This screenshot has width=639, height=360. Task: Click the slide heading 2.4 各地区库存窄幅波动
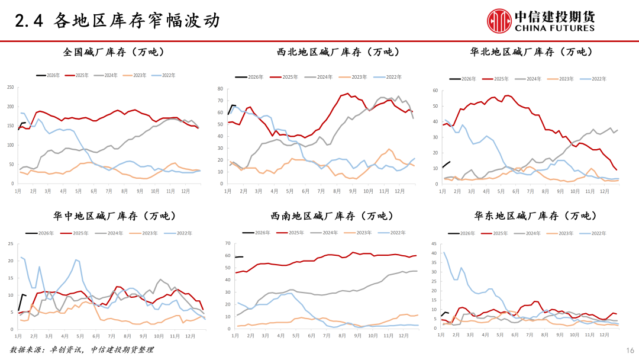[x=118, y=21]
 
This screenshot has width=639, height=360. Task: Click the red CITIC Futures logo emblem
[x=499, y=21]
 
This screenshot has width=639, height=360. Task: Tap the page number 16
[x=630, y=350]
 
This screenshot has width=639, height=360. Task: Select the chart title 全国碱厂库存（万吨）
[x=114, y=52]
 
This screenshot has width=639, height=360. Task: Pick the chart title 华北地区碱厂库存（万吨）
[x=531, y=52]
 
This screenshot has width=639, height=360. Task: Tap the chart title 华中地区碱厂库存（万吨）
[x=114, y=216]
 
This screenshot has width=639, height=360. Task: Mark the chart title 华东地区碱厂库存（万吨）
[x=531, y=216]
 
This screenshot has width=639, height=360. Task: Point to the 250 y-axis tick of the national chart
[x=10, y=88]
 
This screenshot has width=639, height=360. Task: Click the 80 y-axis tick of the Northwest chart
[x=220, y=89]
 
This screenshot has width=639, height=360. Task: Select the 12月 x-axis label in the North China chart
[x=605, y=192]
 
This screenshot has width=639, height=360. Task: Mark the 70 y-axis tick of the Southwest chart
[x=228, y=243]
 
